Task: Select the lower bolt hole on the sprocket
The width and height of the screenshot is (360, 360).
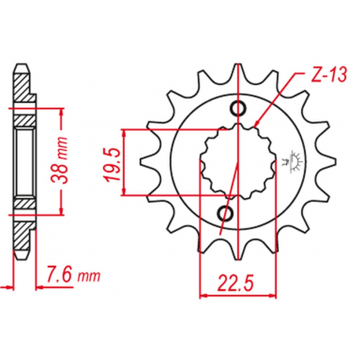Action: (226, 213)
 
